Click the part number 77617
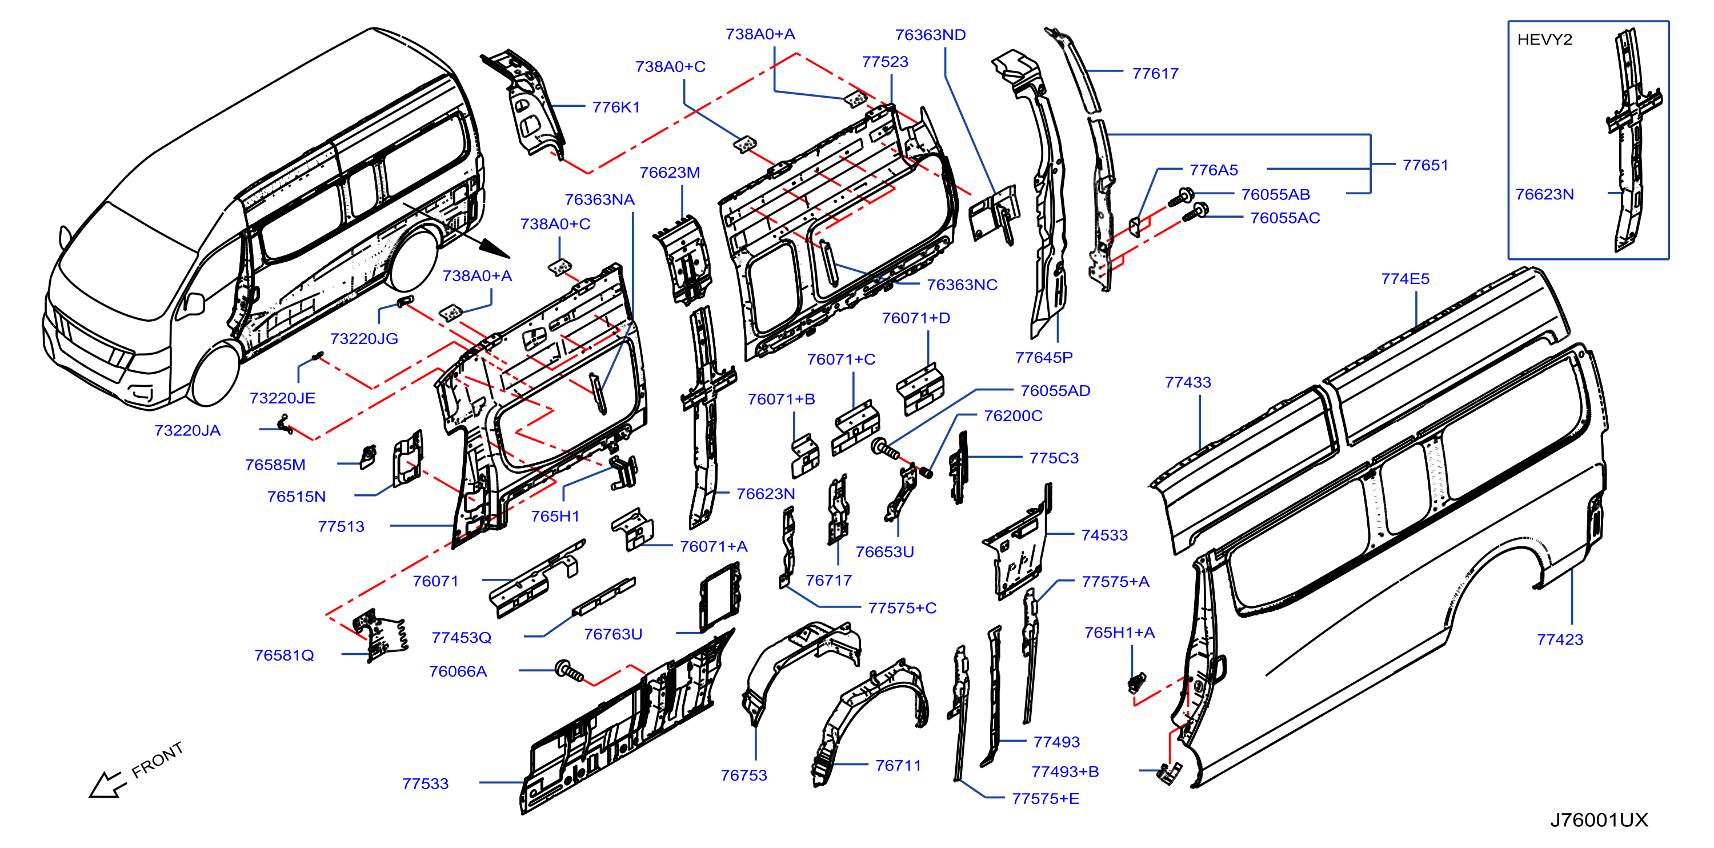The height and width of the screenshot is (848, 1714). pos(1155,74)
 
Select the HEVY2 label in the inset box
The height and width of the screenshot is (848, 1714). pos(1544,40)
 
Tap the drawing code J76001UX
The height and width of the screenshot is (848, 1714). pos(1599,820)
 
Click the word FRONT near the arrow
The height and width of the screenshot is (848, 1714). pos(157,760)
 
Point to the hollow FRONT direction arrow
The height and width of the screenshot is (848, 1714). pos(106,784)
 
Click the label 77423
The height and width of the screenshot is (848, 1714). pos(1560,639)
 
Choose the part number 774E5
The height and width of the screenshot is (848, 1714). pos(1405,279)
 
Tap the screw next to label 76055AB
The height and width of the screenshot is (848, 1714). pos(1181,198)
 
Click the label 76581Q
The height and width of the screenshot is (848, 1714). pos(284,655)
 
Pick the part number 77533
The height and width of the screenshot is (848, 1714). pos(425,784)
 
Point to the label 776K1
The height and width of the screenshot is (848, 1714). pos(616,107)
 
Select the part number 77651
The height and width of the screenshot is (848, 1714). pos(1425,165)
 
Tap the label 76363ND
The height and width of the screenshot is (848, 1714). pos(930,35)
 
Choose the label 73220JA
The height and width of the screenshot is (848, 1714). pos(187,431)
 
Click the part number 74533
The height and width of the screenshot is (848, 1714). pos(1104,535)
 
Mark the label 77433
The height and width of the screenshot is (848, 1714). pos(1188,382)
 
